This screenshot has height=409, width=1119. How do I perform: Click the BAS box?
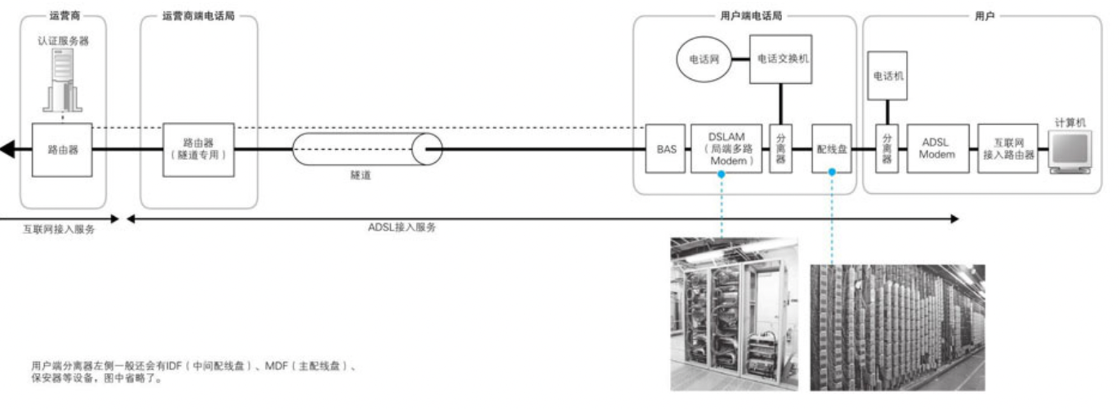[x=665, y=149]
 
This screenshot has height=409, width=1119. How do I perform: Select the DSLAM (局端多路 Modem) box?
[x=726, y=149]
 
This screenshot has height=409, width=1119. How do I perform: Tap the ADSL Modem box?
[x=938, y=149]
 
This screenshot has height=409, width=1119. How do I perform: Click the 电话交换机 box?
[x=781, y=59]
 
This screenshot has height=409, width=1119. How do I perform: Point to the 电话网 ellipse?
[x=704, y=59]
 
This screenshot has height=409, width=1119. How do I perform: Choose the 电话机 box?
[x=887, y=76]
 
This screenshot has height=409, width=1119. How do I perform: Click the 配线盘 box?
[x=831, y=149]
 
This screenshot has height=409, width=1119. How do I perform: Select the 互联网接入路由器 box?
[x=1008, y=149]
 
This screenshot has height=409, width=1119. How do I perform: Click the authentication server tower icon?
[x=63, y=80]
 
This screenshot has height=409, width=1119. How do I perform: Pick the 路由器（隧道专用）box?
[x=198, y=150]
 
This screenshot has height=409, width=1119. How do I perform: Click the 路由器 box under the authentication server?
[x=62, y=150]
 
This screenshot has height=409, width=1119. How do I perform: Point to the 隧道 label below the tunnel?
[x=360, y=175]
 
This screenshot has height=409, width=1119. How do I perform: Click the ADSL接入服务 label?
[x=402, y=227]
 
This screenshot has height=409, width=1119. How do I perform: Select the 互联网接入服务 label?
[x=59, y=229]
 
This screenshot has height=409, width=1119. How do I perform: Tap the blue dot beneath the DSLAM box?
[x=721, y=174]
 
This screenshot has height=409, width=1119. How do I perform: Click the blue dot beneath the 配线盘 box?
[x=832, y=172]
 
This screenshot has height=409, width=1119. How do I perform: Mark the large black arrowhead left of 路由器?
[x=8, y=149]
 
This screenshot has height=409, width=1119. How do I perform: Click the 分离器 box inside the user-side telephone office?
[x=781, y=149]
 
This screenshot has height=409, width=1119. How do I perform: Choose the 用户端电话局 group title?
[x=751, y=16]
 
